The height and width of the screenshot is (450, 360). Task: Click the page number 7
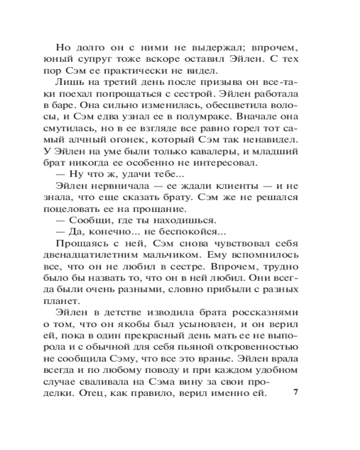(x=296, y=392)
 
